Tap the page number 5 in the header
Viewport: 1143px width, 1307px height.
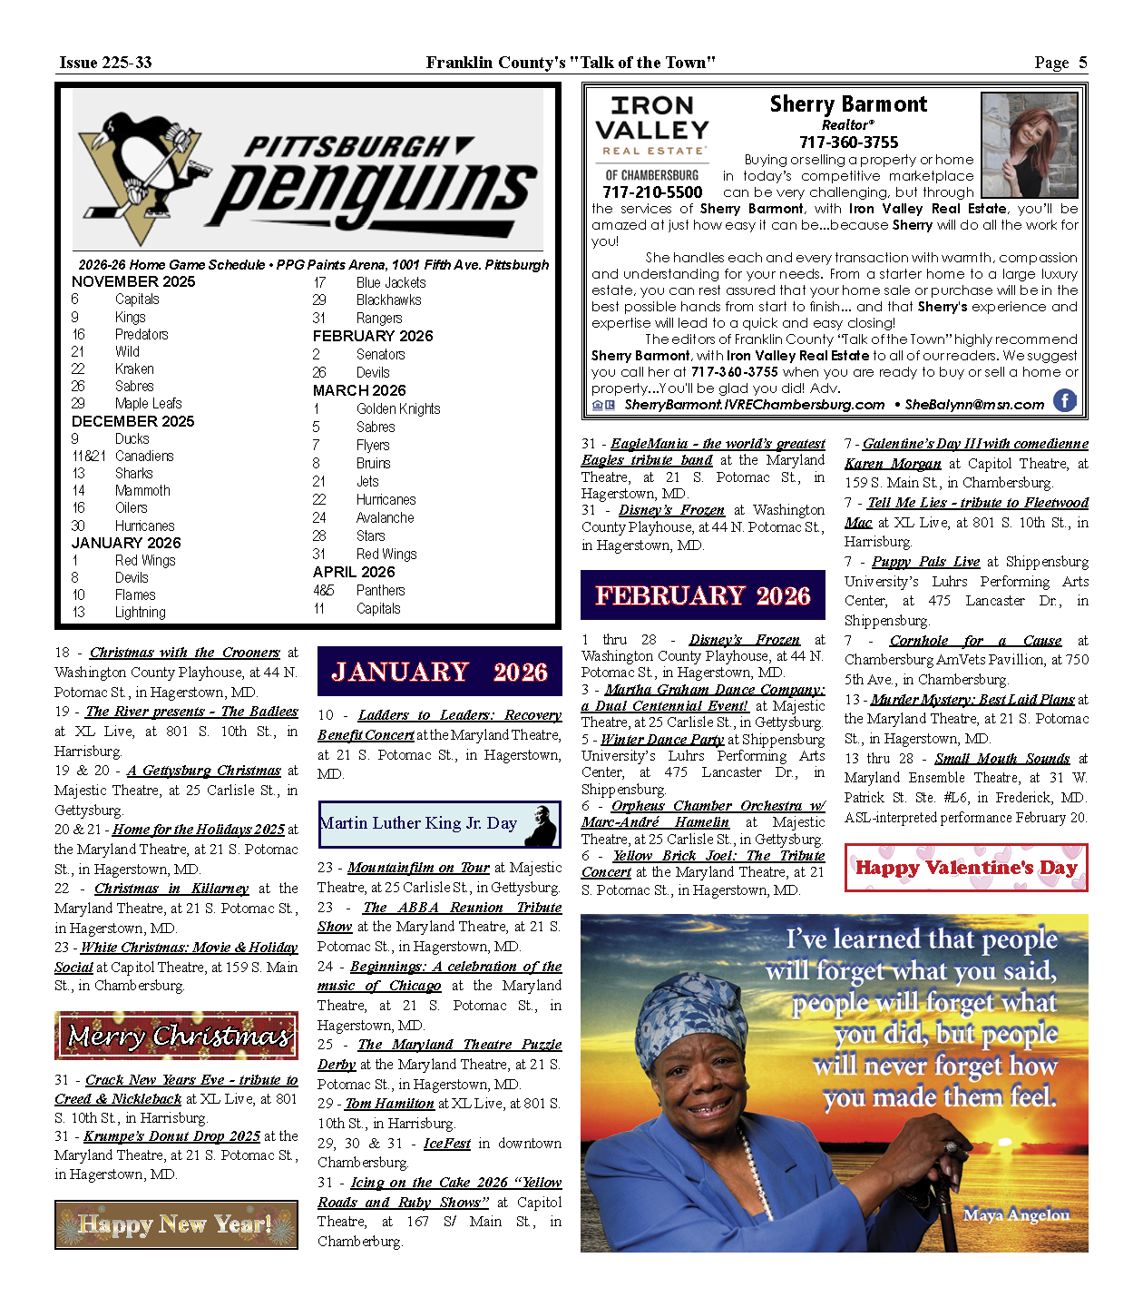pyautogui.click(x=1082, y=63)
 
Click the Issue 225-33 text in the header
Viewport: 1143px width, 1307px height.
pyautogui.click(x=105, y=63)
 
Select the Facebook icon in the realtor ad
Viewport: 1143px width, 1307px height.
pyautogui.click(x=1064, y=400)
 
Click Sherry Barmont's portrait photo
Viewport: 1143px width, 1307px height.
pyautogui.click(x=1030, y=145)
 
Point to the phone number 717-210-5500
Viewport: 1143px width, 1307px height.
pyautogui.click(x=652, y=192)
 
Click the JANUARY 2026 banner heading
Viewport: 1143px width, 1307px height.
pyautogui.click(x=440, y=672)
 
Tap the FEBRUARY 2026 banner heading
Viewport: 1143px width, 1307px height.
pyautogui.click(x=703, y=595)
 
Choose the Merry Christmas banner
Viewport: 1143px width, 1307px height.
pyautogui.click(x=177, y=1036)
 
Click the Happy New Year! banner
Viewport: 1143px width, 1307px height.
pyautogui.click(x=177, y=1224)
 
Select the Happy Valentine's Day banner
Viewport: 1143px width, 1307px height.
pyautogui.click(x=966, y=868)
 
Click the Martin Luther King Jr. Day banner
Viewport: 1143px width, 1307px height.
pyautogui.click(x=439, y=824)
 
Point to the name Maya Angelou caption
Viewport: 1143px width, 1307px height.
pyautogui.click(x=1016, y=1214)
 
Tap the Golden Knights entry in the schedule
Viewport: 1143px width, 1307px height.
pyautogui.click(x=398, y=409)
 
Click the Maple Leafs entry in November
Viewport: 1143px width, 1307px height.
pyautogui.click(x=149, y=404)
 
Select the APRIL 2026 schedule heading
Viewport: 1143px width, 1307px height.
pyautogui.click(x=354, y=573)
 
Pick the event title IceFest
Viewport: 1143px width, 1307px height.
pyautogui.click(x=447, y=1144)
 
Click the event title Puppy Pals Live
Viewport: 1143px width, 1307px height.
pyautogui.click(x=925, y=562)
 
